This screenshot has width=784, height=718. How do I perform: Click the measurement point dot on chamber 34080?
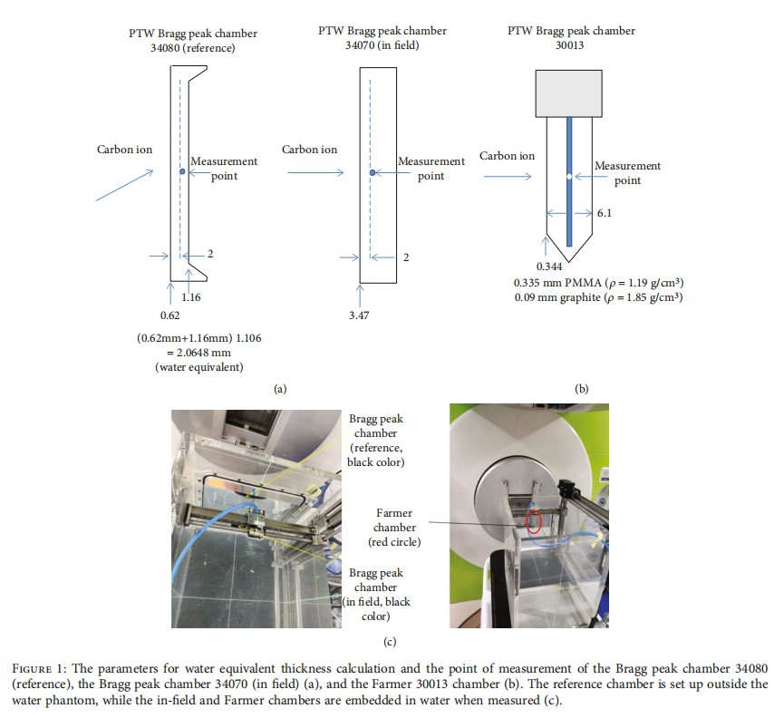(182, 171)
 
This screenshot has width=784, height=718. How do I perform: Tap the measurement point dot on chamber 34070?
(373, 171)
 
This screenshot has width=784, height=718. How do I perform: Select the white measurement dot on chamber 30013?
(568, 176)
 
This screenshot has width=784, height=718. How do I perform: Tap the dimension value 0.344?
(549, 266)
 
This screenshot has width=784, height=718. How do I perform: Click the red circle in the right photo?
(535, 521)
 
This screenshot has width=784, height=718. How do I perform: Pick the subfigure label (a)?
(280, 387)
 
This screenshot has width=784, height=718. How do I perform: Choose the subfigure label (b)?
(581, 387)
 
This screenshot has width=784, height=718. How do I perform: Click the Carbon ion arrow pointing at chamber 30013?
(508, 177)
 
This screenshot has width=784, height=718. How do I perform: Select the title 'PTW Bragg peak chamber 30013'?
(571, 37)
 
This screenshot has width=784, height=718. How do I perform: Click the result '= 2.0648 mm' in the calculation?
(193, 354)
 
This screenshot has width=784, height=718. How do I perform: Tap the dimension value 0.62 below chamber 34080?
(169, 315)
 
